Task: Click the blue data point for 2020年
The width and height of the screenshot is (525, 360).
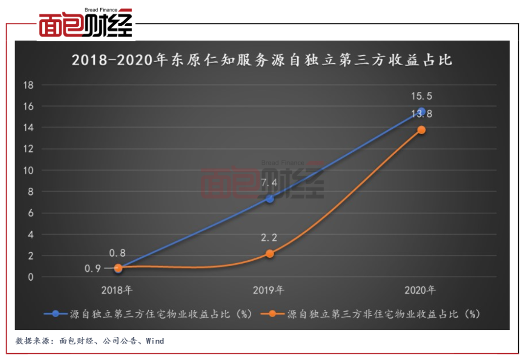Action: tap(421, 112)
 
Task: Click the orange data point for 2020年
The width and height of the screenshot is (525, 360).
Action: tap(421, 130)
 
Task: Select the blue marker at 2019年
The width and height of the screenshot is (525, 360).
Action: tap(270, 198)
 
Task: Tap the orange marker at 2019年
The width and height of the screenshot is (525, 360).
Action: tap(270, 254)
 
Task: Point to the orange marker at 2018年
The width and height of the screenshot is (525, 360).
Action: tap(118, 268)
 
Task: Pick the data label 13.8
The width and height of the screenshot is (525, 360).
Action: tap(421, 114)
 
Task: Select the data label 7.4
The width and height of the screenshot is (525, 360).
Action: tap(270, 183)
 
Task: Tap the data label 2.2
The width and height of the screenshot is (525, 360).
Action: tap(270, 238)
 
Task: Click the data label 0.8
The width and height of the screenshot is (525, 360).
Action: tap(118, 253)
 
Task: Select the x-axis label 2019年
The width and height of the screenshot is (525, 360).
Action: tap(268, 290)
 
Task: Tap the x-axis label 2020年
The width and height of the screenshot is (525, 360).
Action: tap(420, 290)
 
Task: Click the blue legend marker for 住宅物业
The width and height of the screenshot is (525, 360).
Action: tap(56, 314)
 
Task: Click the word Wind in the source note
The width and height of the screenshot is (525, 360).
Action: tap(155, 341)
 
